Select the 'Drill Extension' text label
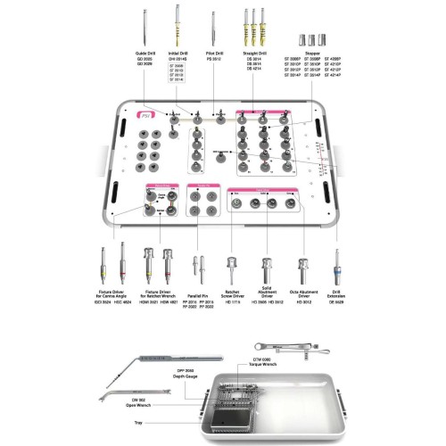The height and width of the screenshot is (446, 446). point(336,295)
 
